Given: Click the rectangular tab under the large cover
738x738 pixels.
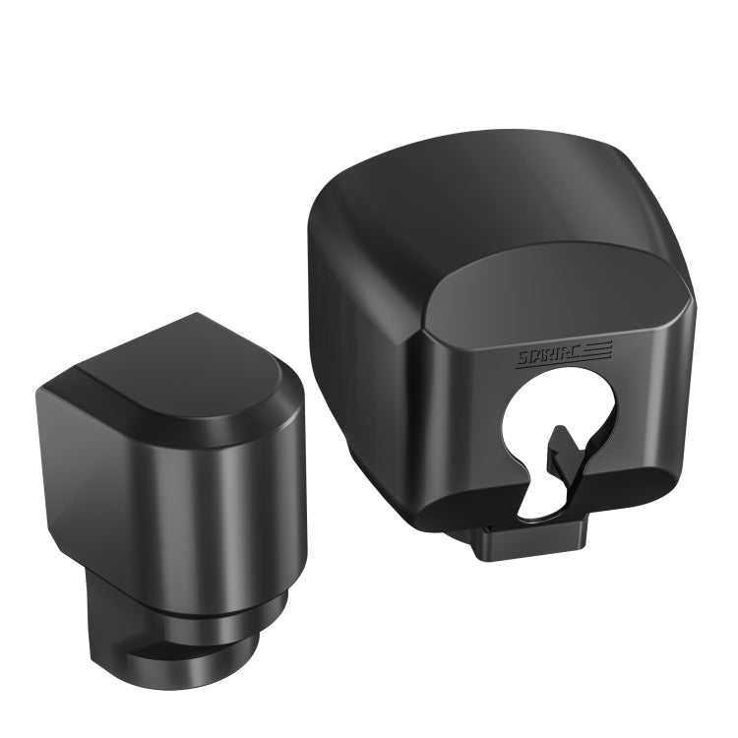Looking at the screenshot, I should (532, 542).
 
